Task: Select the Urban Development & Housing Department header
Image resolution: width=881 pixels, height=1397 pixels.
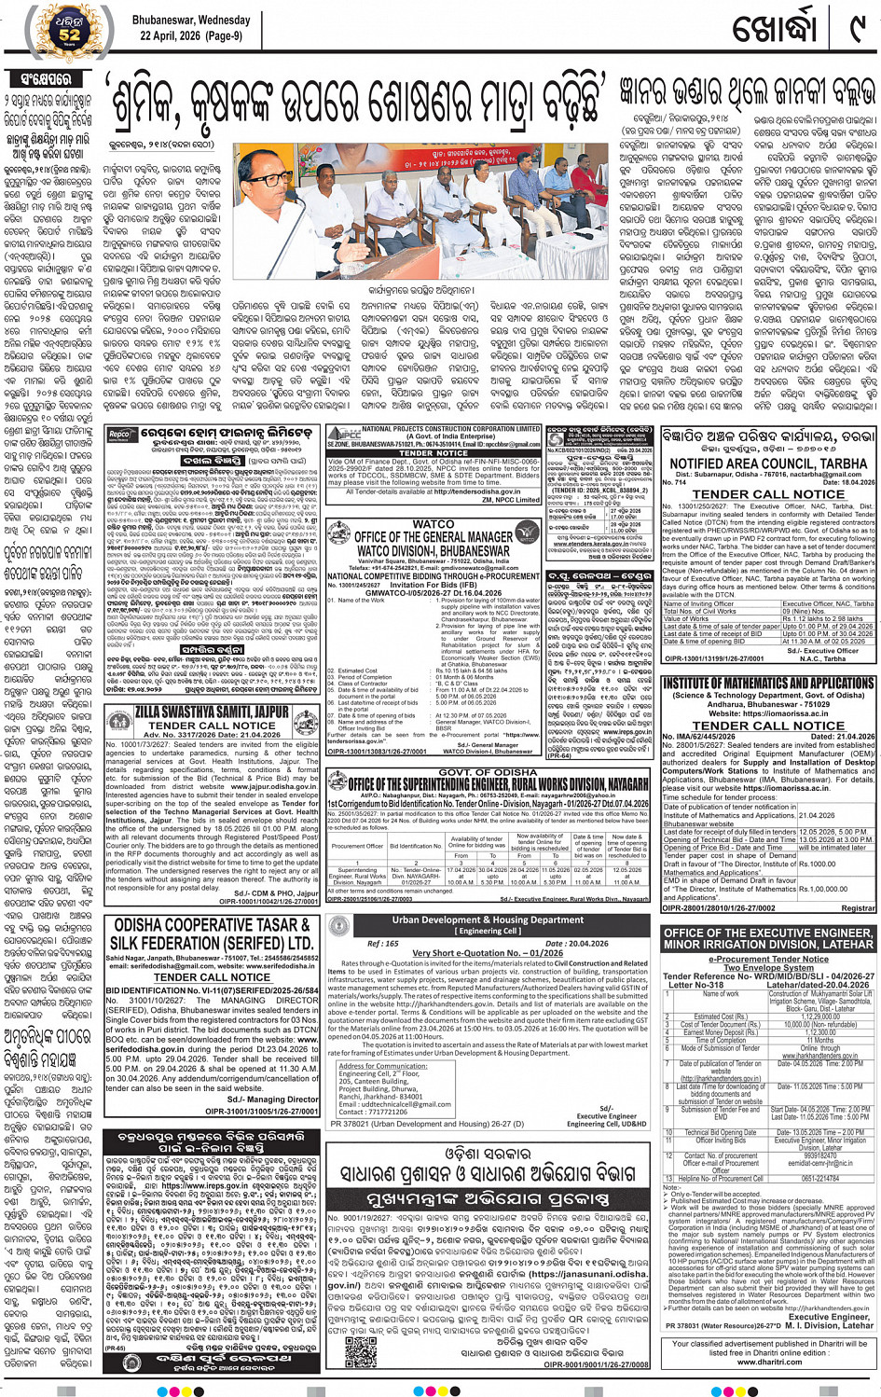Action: [488, 920]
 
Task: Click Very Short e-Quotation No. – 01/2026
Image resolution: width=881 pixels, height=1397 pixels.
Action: [488, 953]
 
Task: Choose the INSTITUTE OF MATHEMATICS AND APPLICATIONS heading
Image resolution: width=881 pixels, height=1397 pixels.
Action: [768, 684]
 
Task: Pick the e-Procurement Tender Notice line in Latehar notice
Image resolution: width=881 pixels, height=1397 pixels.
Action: [768, 958]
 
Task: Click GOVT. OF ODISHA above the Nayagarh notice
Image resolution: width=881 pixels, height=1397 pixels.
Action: [488, 772]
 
